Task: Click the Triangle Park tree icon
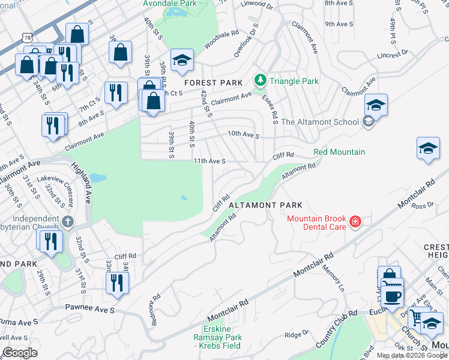click(260, 80)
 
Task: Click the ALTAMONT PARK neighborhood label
click(265, 205)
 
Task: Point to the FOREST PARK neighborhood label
click(213, 83)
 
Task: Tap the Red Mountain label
click(339, 152)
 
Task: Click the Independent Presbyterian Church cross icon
click(69, 222)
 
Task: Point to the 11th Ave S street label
click(209, 161)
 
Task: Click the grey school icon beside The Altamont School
click(368, 122)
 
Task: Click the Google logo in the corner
click(20, 353)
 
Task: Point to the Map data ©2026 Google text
click(412, 355)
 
